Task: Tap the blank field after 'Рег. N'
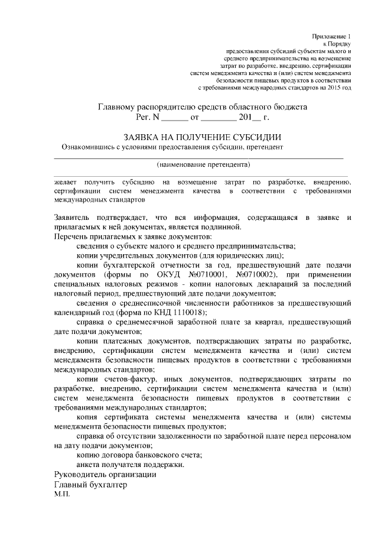point(176,118)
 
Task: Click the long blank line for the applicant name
point(199,157)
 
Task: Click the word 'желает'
point(65,181)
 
